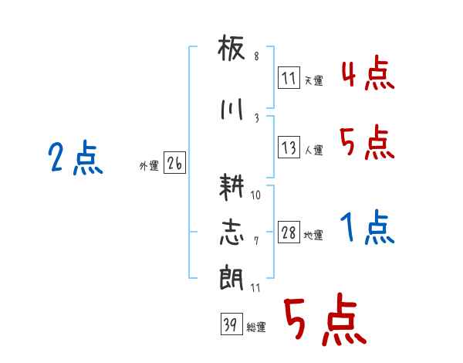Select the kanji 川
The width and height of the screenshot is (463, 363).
pos(231,109)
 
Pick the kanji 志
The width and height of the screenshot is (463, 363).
pos(231,232)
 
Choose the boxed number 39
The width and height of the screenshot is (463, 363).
pos(230,326)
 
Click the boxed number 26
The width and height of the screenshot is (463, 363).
pos(174,165)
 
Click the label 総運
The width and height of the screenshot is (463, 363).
pos(256,327)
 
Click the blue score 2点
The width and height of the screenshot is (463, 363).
pos(76,159)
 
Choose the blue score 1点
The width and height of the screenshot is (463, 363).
pos(367,227)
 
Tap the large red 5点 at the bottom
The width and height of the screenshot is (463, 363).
pos(324,322)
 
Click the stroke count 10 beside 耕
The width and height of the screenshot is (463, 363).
pos(255,195)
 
